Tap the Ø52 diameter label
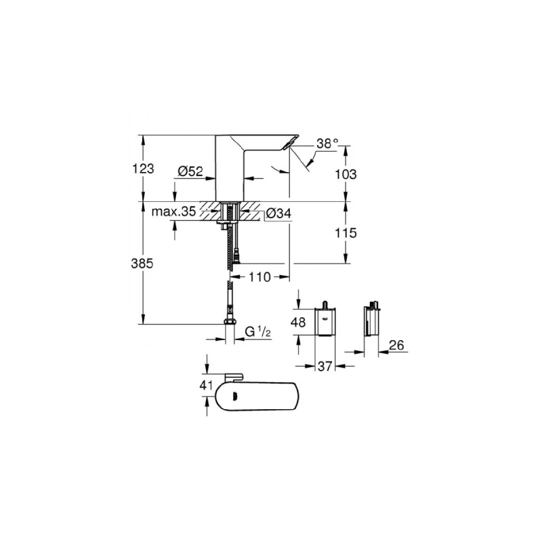coord(191,172)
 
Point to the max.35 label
coord(173,212)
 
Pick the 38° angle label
coord(327,144)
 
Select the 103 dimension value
coord(346,173)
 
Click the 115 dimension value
coord(346,232)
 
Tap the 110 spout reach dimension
coord(260,276)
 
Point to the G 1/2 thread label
coord(258,332)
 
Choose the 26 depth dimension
coord(397,346)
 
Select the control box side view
coord(371,321)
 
